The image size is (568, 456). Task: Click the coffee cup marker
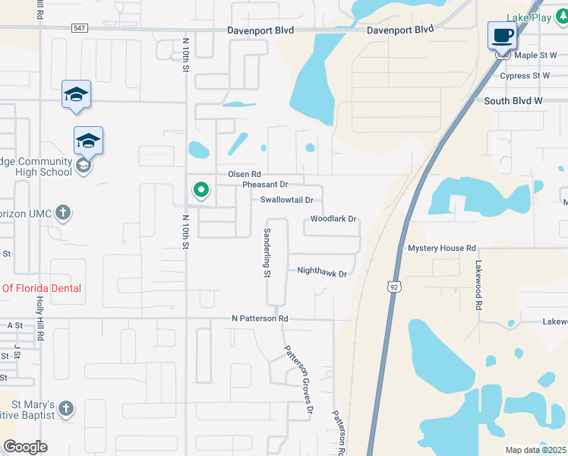click(x=502, y=35)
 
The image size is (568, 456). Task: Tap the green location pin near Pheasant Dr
click(x=200, y=189)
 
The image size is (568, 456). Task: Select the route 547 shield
click(x=80, y=28)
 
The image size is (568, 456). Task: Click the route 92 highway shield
click(x=392, y=287)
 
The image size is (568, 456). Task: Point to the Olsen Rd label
click(x=245, y=174)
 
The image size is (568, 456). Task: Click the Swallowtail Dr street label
click(x=286, y=200)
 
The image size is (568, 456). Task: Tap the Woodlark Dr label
click(x=333, y=219)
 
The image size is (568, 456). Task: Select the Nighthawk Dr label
click(x=321, y=271)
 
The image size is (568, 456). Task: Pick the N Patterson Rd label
click(x=260, y=318)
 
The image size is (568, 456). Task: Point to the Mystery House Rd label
click(x=441, y=249)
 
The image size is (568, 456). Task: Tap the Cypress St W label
click(x=524, y=76)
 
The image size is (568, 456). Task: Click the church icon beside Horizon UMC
click(x=64, y=213)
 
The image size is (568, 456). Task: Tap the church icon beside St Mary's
click(x=66, y=409)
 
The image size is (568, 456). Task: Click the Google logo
click(x=25, y=447)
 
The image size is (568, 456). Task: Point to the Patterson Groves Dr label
click(x=298, y=381)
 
